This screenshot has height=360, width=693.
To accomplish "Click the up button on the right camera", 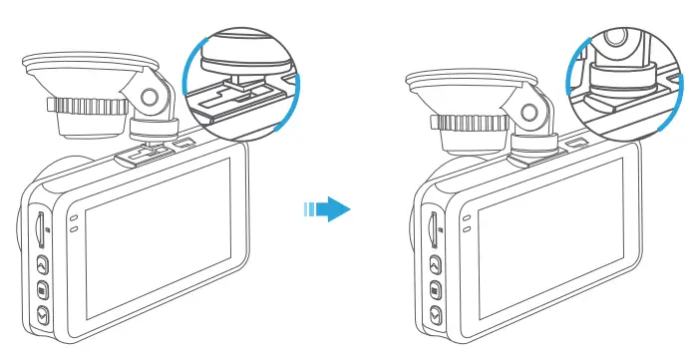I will [x=435, y=265].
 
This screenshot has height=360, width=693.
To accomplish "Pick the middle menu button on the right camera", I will [x=435, y=291].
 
